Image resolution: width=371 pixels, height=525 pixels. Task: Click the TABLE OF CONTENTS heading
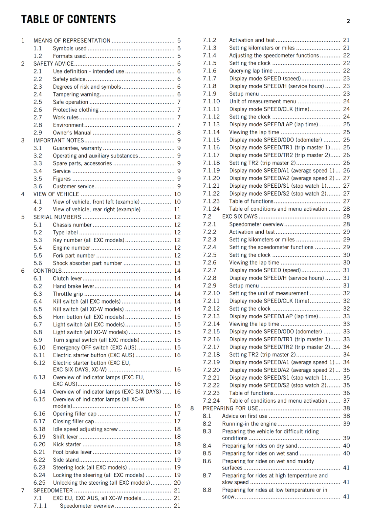click(x=68, y=19)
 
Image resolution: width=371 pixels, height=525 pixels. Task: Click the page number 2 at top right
click(x=348, y=21)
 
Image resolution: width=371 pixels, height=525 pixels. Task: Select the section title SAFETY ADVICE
click(x=54, y=64)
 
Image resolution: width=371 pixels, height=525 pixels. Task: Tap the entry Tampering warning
click(x=76, y=94)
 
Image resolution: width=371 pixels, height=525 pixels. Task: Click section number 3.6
click(x=38, y=186)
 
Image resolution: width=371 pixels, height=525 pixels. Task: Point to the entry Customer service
click(x=74, y=186)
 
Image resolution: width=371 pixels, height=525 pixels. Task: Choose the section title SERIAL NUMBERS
click(x=57, y=217)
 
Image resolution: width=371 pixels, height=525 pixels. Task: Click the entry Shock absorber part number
click(x=87, y=263)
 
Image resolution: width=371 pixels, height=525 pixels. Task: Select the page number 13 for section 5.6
click(x=177, y=263)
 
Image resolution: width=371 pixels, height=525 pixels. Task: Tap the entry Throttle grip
click(x=68, y=294)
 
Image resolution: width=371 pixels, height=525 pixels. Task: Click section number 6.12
click(x=39, y=363)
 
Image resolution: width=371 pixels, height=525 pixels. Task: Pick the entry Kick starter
click(x=67, y=445)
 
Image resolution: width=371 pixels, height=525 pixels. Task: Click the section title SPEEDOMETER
click(x=53, y=491)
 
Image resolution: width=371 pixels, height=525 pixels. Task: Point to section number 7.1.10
click(x=211, y=102)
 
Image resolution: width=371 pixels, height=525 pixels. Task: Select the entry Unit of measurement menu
click(x=263, y=102)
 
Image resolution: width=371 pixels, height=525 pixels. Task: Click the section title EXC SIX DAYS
click(x=240, y=217)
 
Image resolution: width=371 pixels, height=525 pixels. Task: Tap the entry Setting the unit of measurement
click(x=269, y=293)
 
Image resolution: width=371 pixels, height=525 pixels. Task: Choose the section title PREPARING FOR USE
click(x=230, y=409)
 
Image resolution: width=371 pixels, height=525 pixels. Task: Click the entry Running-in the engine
click(x=249, y=424)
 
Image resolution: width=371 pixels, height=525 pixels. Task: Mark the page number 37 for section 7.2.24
click(x=346, y=401)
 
